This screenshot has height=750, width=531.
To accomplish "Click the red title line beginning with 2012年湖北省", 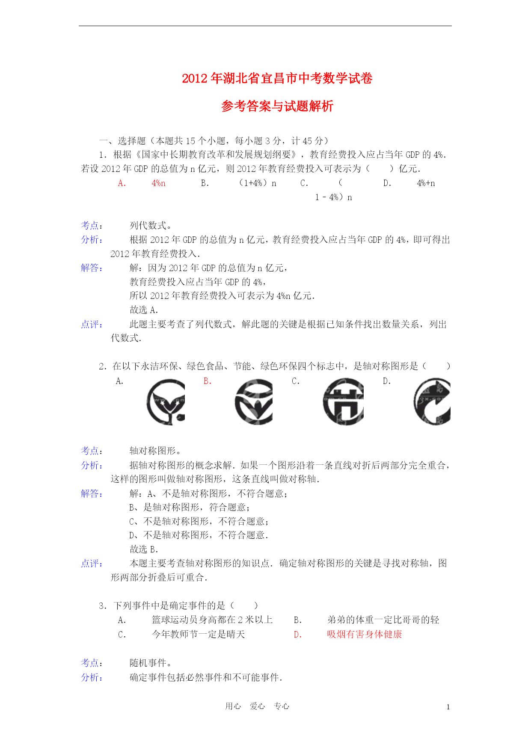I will [277, 79].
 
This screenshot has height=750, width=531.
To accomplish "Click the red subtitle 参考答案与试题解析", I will [277, 106].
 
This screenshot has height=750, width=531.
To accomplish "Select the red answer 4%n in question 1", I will [158, 183].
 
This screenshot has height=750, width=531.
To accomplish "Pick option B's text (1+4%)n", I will [258, 183].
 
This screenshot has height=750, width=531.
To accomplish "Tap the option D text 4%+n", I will [426, 183].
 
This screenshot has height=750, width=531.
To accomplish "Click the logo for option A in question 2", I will [166, 402].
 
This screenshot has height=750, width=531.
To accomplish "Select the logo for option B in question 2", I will [254, 402].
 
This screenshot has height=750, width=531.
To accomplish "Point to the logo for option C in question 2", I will [343, 402].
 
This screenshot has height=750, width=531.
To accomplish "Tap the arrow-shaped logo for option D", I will [432, 402].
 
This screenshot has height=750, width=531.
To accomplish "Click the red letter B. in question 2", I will [208, 381].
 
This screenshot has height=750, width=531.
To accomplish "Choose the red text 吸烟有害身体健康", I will [365, 634].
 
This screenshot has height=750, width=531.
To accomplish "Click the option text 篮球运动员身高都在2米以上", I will [212, 620].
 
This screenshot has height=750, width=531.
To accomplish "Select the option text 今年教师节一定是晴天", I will [198, 634].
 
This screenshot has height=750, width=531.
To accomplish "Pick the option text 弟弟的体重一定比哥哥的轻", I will [383, 620].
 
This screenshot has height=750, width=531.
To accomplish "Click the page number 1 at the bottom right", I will [448, 707].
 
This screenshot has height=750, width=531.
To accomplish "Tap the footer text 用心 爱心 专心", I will [257, 706].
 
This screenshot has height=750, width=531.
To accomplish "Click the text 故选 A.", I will [144, 310].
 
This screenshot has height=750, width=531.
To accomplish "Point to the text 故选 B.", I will [144, 549].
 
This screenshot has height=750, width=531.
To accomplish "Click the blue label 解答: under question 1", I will [92, 268].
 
